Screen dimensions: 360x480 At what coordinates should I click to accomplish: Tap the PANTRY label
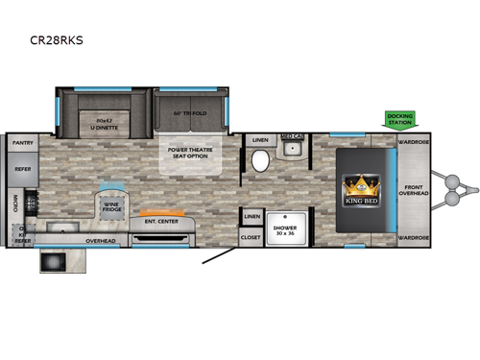pos(22,142)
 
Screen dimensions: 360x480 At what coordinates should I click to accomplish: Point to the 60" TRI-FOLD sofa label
pos(190,113)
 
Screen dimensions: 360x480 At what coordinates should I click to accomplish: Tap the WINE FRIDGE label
pos(113,204)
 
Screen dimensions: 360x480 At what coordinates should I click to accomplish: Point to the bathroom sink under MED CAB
pos(291,150)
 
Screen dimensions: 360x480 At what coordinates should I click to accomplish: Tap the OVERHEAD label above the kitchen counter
pos(101,240)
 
